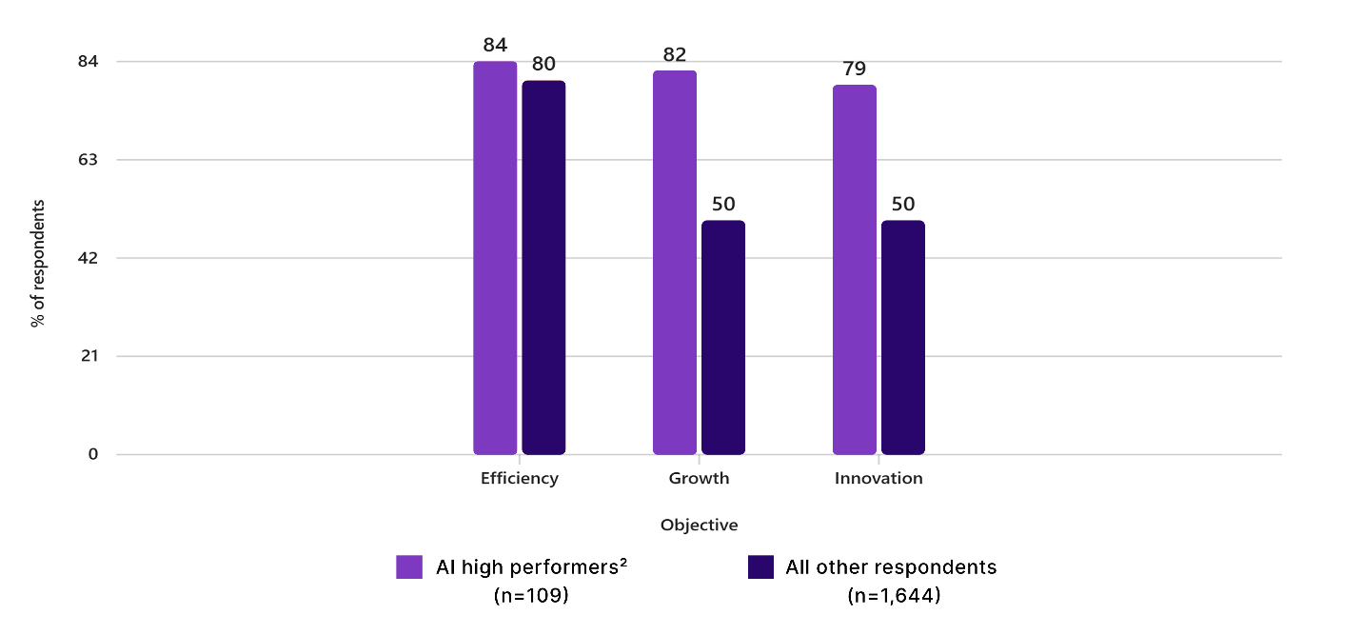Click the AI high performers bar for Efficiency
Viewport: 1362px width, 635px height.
pyautogui.click(x=495, y=258)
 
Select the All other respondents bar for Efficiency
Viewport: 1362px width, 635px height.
pyautogui.click(x=543, y=268)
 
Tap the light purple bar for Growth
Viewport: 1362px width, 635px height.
pyautogui.click(x=674, y=263)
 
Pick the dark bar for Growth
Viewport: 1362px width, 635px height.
pyautogui.click(x=722, y=337)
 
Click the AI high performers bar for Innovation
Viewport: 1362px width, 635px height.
pyautogui.click(x=854, y=269)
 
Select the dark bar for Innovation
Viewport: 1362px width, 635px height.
pyautogui.click(x=902, y=337)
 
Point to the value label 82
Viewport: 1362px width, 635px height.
pyautogui.click(x=674, y=54)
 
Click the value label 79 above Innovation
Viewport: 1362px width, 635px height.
pyautogui.click(x=854, y=69)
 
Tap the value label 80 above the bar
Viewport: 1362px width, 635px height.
pyautogui.click(x=543, y=65)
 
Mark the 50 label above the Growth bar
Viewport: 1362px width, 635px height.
pyautogui.click(x=723, y=204)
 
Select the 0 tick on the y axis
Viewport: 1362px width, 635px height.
pyautogui.click(x=93, y=454)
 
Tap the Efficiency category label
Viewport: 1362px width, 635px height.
pyautogui.click(x=519, y=479)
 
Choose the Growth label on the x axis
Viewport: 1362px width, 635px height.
pyautogui.click(x=699, y=479)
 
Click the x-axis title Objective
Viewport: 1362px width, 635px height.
pyautogui.click(x=699, y=526)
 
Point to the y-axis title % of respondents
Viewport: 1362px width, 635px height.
pyautogui.click(x=38, y=264)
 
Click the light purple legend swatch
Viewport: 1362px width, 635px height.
pyautogui.click(x=409, y=567)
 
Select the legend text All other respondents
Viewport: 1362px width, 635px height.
pyautogui.click(x=891, y=567)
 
